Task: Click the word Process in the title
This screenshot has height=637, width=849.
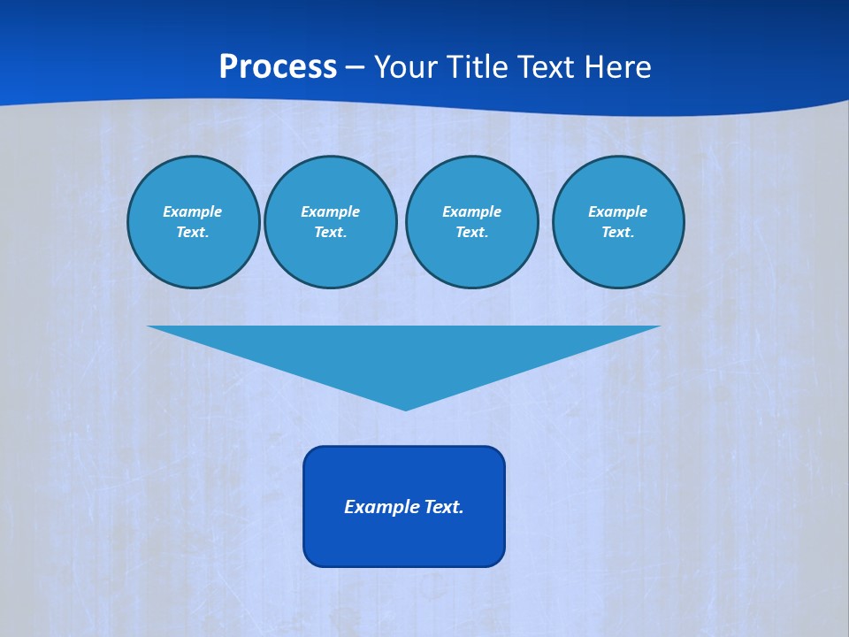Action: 278,67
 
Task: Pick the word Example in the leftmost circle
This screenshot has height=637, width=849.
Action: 193,211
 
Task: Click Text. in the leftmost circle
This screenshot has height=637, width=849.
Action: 193,233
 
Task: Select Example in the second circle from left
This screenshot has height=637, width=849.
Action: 330,211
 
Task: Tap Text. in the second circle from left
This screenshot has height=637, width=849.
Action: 330,233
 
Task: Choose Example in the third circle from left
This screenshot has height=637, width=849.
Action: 471,211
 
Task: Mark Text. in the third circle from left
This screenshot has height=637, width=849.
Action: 471,233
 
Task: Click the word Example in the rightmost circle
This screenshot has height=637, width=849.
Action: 617,211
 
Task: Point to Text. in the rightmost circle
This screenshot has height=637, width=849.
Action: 617,233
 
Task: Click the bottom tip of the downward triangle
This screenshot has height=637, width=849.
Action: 405,409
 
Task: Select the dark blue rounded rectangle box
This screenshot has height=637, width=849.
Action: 404,540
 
